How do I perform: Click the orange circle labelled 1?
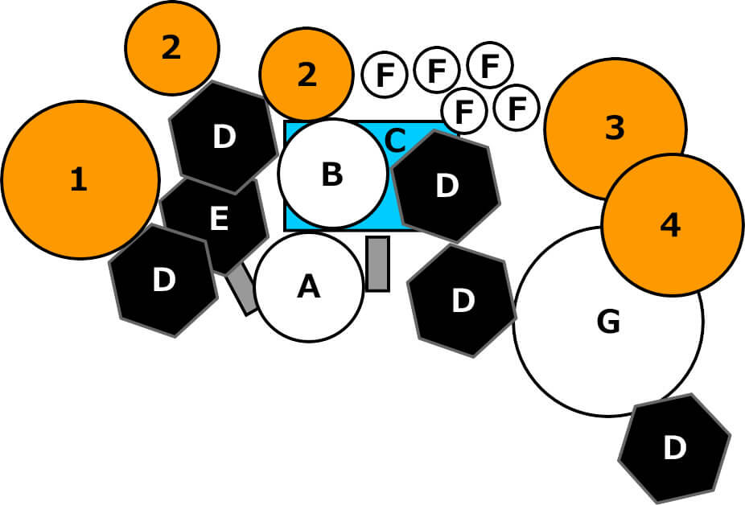[80, 179]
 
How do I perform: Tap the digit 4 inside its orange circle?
[670, 226]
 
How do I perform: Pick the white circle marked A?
[309, 287]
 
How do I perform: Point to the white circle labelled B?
[332, 174]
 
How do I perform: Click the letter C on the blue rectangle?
[395, 140]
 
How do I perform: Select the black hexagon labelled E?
[218, 219]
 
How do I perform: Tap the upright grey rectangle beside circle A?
[377, 263]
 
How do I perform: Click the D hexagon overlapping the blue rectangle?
[446, 186]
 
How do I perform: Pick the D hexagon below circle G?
[674, 448]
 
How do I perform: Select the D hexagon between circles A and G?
[462, 300]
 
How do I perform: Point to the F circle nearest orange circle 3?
[516, 108]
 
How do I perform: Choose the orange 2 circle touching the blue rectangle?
[306, 75]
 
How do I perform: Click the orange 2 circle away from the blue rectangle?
[171, 48]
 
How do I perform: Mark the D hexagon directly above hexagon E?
[224, 137]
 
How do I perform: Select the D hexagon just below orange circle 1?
[163, 280]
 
